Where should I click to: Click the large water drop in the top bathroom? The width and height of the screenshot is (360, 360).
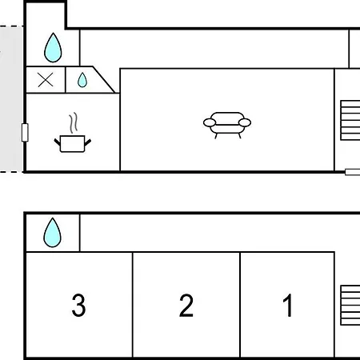tap(53, 48)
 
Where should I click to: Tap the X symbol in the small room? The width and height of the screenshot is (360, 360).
tap(46, 80)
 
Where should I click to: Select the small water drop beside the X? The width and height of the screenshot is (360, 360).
tap(82, 80)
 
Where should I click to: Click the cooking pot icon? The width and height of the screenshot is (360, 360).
tap(73, 143)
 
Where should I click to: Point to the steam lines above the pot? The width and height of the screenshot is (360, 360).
tap(74, 122)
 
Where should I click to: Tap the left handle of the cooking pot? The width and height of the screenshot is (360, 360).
tap(58, 142)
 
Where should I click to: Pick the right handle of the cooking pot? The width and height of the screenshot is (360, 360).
tap(88, 142)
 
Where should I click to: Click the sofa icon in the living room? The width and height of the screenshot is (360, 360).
tap(227, 125)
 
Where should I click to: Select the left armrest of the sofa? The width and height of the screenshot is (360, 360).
tap(210, 122)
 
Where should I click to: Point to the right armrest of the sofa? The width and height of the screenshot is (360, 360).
tap(245, 122)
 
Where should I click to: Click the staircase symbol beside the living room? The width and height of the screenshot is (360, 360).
tap(350, 120)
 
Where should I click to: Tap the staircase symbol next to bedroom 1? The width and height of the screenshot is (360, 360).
tap(350, 306)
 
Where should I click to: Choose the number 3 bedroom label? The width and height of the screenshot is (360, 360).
tap(78, 305)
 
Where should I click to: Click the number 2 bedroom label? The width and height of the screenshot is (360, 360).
tap(186, 306)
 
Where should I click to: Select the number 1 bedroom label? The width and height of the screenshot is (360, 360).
tap(287, 305)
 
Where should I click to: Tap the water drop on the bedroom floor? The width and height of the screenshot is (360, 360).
tap(52, 233)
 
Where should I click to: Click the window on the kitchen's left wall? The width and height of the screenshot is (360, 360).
tap(25, 132)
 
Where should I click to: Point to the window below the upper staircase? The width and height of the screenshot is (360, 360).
tap(353, 172)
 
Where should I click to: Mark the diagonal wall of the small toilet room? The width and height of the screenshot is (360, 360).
tap(104, 79)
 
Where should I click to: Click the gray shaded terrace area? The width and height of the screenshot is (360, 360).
tap(11, 99)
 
